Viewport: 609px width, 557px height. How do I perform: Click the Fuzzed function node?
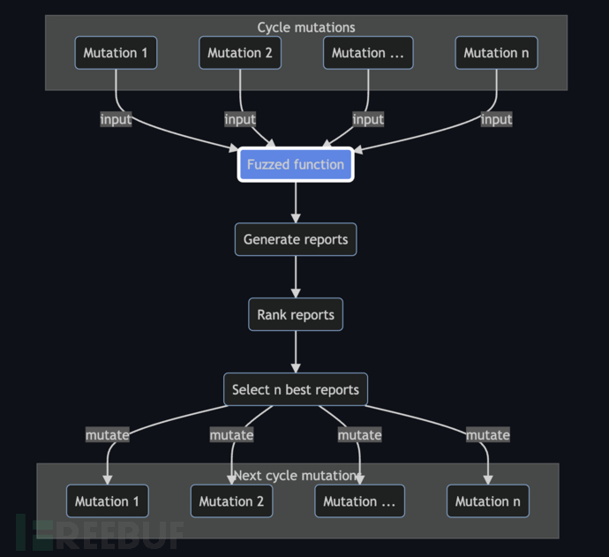(x=296, y=164)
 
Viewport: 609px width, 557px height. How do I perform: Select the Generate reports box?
(x=296, y=239)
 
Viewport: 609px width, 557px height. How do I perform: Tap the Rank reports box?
(x=296, y=314)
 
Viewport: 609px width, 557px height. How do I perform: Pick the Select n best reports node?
(x=296, y=389)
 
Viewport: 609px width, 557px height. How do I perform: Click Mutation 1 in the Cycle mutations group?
(x=116, y=53)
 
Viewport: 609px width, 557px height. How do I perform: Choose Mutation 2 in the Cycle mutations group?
(x=240, y=53)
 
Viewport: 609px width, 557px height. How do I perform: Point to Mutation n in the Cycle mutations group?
(x=497, y=53)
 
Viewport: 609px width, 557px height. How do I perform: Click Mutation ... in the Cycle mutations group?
(x=368, y=53)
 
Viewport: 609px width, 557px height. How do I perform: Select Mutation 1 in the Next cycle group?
(x=107, y=501)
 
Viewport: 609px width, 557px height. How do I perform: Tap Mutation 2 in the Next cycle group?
(x=231, y=501)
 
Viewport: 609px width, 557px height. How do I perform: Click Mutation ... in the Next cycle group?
(x=359, y=501)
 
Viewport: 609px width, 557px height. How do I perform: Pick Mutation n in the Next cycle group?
(x=488, y=501)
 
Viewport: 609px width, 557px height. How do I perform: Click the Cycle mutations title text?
(x=305, y=27)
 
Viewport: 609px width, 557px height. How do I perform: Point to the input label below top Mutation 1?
(x=116, y=119)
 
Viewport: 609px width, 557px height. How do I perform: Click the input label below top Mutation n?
(x=497, y=119)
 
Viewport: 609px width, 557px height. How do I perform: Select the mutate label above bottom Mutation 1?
(x=107, y=434)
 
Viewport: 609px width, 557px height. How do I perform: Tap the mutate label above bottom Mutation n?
(x=488, y=434)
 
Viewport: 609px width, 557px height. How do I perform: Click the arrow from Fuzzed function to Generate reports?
(x=296, y=202)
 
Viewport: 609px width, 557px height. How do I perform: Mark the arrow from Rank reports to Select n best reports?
(x=296, y=352)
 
